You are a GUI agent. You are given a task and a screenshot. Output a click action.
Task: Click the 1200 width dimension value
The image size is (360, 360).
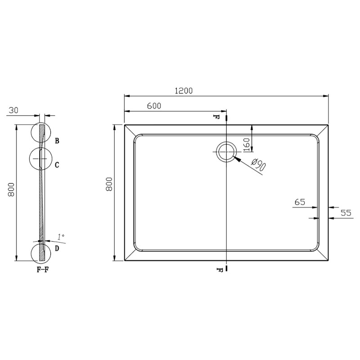(184, 90)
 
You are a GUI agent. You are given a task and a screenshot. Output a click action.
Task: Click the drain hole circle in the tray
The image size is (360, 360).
(226, 152)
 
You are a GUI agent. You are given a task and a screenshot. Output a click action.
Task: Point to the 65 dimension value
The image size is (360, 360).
(300, 202)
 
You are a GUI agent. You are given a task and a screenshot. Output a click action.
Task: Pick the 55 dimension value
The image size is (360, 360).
(345, 213)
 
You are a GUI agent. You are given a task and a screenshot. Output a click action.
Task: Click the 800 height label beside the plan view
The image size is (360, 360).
(108, 185)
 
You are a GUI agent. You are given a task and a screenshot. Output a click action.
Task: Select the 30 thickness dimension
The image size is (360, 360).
(13, 109)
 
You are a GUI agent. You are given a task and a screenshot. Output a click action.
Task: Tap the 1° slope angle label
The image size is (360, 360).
(61, 236)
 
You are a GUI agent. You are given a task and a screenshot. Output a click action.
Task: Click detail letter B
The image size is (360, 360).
(57, 141)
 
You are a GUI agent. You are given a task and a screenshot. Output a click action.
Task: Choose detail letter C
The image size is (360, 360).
(57, 165)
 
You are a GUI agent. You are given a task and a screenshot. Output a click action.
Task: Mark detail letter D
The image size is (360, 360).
(57, 248)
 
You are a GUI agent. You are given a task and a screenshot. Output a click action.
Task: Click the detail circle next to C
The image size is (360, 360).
(40, 158)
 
